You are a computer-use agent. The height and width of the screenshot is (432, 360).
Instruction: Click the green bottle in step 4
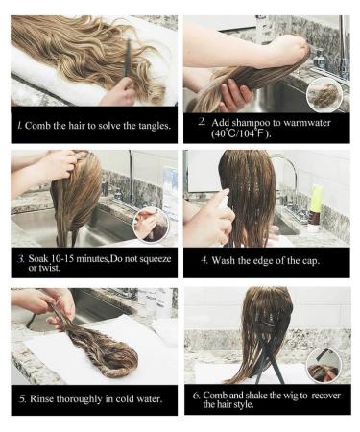tap(316, 201)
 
